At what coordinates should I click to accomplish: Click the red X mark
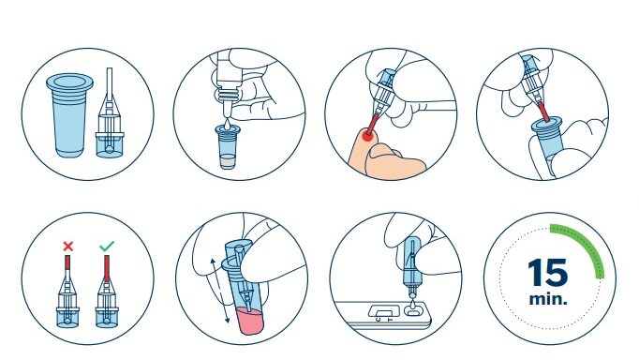click(68, 247)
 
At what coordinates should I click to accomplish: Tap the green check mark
click(107, 246)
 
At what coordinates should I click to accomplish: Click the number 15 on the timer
click(548, 273)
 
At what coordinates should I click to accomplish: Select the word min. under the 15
click(548, 299)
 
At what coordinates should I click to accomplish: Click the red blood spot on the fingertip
click(367, 136)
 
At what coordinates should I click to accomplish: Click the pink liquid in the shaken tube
click(249, 321)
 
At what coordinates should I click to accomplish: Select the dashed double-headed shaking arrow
click(219, 291)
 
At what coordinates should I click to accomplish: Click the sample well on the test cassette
click(413, 312)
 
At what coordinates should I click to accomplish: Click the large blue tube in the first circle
click(69, 115)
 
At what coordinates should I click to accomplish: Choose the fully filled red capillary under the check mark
click(107, 268)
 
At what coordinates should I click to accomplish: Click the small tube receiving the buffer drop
click(228, 147)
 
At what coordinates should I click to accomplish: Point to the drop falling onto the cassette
click(413, 305)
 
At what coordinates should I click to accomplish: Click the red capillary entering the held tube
click(543, 112)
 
